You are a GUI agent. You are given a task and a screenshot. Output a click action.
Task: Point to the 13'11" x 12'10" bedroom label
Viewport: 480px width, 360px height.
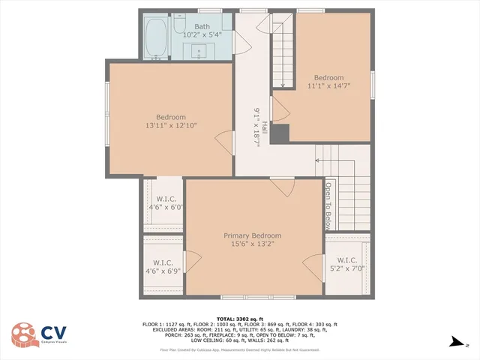click(x=171, y=121)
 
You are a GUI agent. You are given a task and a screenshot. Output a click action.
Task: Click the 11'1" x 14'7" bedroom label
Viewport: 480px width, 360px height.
click(x=328, y=82)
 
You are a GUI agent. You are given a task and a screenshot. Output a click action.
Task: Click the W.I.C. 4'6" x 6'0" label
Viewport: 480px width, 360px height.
click(x=163, y=202)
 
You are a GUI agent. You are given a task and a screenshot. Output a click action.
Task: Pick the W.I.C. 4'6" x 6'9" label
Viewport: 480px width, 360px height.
click(x=163, y=266)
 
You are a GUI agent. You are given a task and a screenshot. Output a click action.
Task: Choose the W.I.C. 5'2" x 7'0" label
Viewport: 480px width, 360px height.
click(x=346, y=264)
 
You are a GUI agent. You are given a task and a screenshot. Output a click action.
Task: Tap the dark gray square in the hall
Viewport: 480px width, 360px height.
click(x=280, y=133)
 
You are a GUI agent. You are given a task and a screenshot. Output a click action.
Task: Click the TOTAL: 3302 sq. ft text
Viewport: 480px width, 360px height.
click(x=240, y=318)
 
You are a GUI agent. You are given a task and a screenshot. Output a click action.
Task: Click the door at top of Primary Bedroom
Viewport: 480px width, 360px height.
click(x=282, y=183)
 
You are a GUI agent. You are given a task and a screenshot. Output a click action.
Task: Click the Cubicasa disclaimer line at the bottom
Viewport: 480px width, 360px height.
click(x=240, y=349)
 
